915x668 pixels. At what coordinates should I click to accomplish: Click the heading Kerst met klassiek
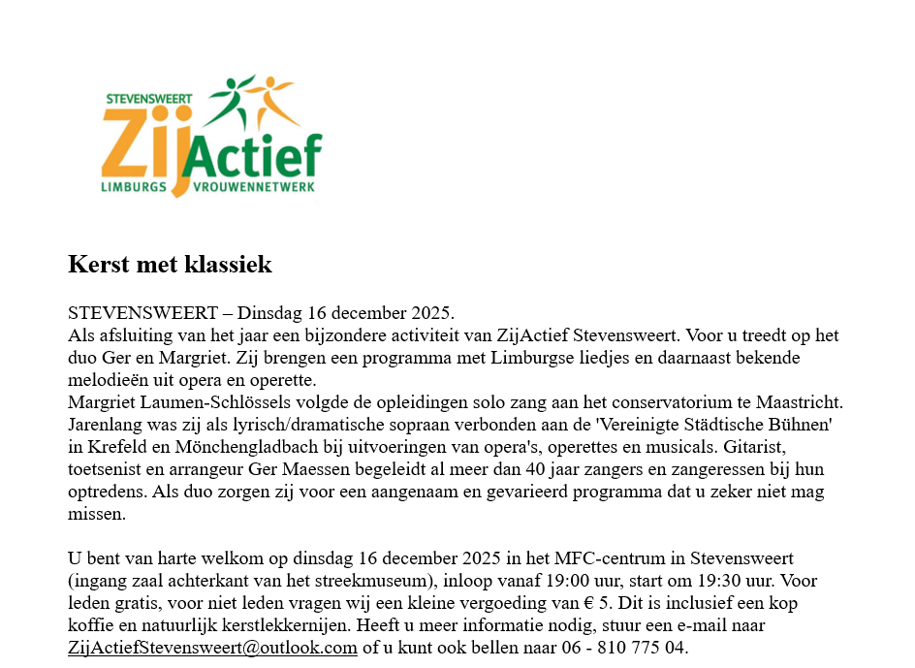(x=170, y=264)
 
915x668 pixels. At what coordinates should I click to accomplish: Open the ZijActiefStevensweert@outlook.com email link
(x=212, y=648)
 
